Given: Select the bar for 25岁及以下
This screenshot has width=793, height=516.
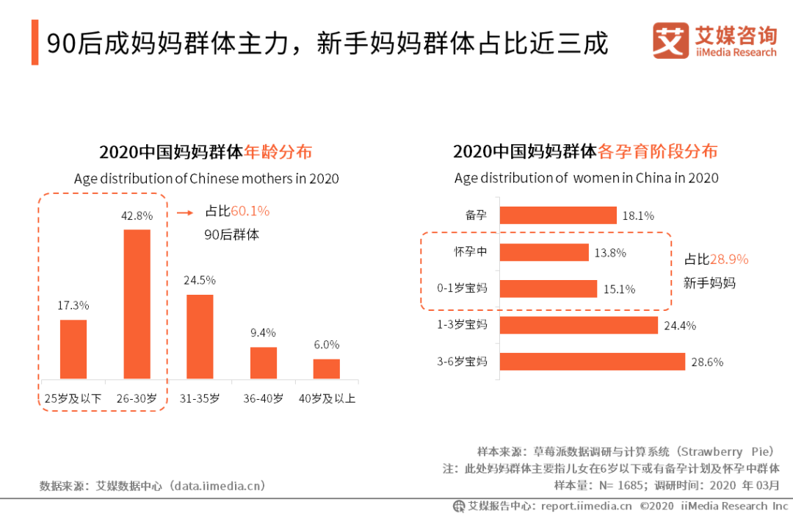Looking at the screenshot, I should (x=73, y=349).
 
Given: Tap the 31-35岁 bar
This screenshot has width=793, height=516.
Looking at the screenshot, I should (x=200, y=337).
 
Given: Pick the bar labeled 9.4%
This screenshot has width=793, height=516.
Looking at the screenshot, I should (x=264, y=362).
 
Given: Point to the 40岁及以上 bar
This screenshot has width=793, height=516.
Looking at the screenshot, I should (x=327, y=368).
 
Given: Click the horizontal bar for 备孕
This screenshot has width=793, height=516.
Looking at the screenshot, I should (x=558, y=215).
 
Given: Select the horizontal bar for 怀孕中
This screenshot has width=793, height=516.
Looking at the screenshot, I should (x=545, y=252).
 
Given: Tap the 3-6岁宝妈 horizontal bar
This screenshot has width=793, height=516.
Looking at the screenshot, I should (x=593, y=362).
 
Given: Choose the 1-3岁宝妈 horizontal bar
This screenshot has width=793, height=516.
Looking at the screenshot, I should (x=579, y=325).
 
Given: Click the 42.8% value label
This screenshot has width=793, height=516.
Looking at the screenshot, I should (x=137, y=215).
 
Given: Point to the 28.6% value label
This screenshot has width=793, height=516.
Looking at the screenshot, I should (x=709, y=362).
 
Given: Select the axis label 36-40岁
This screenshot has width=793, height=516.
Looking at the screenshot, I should (x=264, y=398).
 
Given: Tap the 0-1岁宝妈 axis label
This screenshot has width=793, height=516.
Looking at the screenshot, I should (x=462, y=287).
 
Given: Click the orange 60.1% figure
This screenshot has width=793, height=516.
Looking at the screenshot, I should (x=250, y=211).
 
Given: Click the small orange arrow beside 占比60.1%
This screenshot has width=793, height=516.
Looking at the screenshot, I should (x=186, y=212).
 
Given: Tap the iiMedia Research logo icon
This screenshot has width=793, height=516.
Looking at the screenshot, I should (x=670, y=41).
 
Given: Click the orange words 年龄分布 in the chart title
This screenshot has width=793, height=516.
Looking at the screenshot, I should (x=278, y=152).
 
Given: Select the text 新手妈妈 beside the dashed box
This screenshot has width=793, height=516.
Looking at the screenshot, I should (x=709, y=282).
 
